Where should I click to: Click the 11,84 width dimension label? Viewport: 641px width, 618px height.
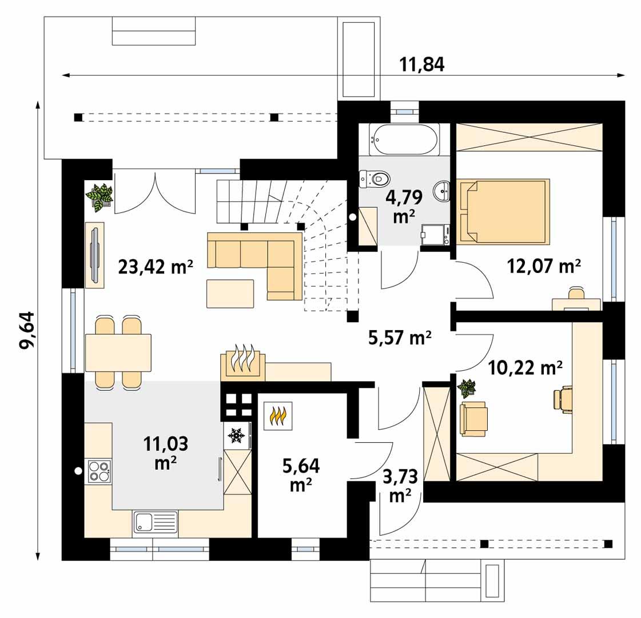(421, 65)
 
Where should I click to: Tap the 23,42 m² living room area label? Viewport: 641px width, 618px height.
(155, 267)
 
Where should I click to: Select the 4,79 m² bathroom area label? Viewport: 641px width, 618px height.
(404, 207)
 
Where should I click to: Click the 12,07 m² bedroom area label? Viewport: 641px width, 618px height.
(544, 266)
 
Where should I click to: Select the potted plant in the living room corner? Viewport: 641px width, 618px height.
(99, 197)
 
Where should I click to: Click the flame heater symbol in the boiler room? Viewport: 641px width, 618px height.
(278, 416)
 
